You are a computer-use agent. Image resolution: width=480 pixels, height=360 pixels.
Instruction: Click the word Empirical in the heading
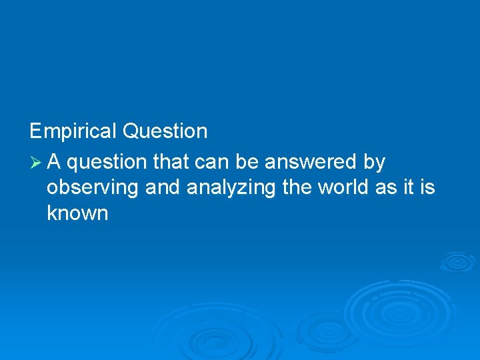tap(73, 131)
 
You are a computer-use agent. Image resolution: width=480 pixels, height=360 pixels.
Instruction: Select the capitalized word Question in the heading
tap(165, 131)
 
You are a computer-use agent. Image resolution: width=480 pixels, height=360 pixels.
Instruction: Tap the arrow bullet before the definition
tap(36, 162)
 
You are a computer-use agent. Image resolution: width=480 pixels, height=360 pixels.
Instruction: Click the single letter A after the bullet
tap(55, 161)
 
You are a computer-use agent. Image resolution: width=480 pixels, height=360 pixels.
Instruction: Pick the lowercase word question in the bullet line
tap(107, 163)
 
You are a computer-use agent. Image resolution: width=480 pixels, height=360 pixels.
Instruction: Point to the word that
tap(171, 161)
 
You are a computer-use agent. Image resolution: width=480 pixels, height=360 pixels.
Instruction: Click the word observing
tap(93, 189)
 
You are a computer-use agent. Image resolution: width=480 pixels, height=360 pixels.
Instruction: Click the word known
tap(77, 213)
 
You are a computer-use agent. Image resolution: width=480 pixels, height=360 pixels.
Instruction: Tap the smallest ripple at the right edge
tap(457, 261)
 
